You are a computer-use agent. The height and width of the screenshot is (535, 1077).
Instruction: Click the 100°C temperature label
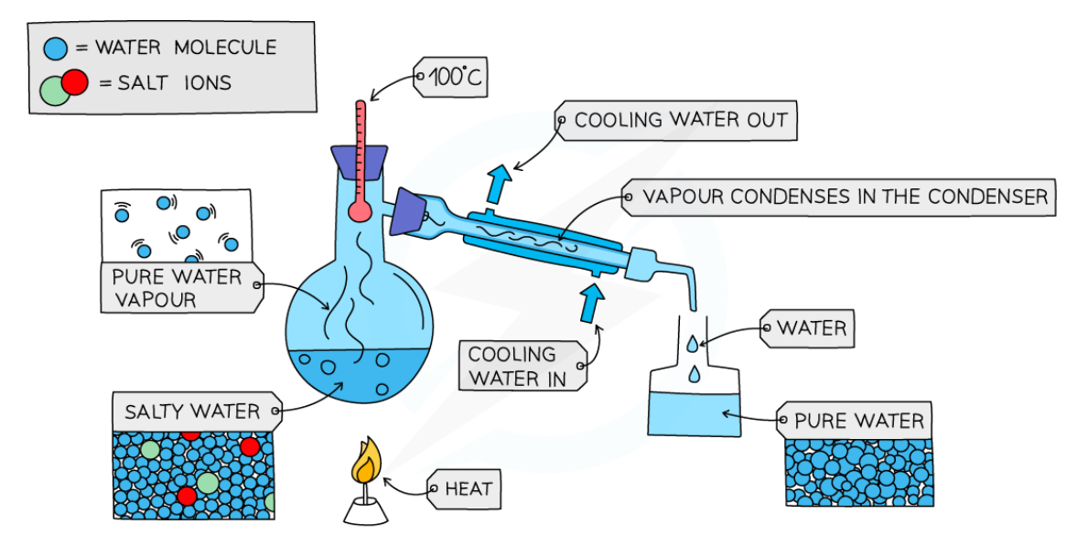coord(453,80)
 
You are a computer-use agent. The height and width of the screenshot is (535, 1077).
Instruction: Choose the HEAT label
coord(468,489)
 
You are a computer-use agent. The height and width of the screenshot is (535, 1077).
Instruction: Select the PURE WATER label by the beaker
coord(858,422)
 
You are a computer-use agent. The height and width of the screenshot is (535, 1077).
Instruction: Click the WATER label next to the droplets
coord(811,327)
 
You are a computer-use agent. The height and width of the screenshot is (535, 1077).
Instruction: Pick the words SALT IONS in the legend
coord(174,83)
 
